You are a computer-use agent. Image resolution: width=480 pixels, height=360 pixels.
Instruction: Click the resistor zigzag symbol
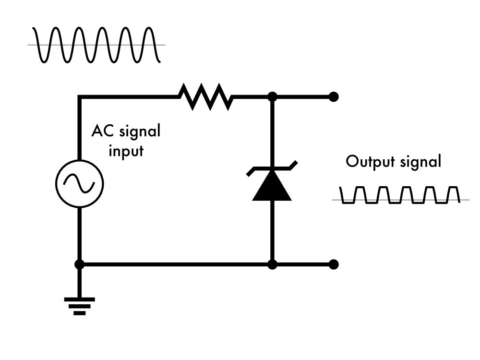(205, 96)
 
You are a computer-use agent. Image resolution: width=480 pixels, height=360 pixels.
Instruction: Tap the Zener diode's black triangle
(272, 188)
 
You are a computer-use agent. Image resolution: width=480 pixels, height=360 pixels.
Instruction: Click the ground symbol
(80, 305)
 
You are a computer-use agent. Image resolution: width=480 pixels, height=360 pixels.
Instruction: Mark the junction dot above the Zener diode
(272, 96)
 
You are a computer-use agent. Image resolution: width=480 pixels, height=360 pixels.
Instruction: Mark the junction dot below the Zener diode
(272, 264)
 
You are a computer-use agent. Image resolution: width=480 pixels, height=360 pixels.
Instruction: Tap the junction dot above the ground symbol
(80, 264)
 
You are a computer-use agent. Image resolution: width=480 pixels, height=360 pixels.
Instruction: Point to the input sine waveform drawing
(96, 45)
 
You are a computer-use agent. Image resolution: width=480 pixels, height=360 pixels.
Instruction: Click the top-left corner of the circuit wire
(80, 96)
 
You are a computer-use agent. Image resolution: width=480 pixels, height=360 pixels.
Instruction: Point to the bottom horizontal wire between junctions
(176, 264)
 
